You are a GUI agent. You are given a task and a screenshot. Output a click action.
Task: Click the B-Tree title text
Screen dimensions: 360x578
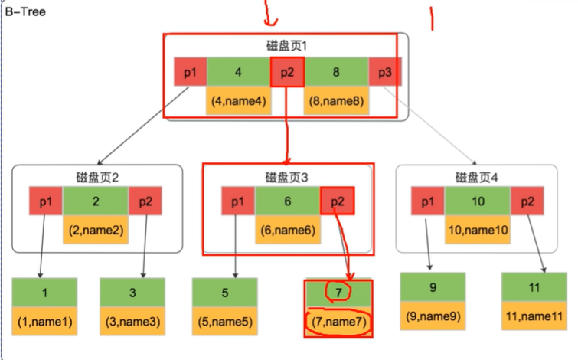[x=25, y=12]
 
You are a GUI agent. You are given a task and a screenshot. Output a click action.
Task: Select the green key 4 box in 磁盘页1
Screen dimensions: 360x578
[x=238, y=73]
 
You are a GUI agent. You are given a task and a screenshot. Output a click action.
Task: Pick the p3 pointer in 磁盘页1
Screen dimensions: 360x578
[x=385, y=73]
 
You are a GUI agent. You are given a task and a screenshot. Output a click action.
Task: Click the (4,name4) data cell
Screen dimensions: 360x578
[x=238, y=100]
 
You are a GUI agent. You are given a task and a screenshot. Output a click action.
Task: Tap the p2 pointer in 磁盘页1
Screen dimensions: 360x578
[x=287, y=73]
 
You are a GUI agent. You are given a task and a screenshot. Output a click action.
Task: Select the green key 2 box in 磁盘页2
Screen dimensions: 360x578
[x=95, y=201]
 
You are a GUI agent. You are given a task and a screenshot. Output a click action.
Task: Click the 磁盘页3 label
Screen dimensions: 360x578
[x=286, y=177]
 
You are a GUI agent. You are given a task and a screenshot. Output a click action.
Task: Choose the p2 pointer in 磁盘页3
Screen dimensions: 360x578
[x=338, y=201]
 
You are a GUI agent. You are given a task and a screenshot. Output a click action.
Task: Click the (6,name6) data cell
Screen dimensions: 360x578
[x=288, y=229]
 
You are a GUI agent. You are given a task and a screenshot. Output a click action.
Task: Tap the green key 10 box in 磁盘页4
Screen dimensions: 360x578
[x=477, y=201]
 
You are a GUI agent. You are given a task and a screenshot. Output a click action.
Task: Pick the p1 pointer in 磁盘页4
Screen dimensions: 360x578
[x=428, y=201]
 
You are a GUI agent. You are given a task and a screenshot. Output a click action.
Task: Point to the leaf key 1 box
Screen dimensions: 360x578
[x=45, y=292]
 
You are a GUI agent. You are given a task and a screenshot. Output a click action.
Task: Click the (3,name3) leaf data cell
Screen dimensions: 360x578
[x=133, y=322]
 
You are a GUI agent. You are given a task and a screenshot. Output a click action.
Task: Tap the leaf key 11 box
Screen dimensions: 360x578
[x=534, y=288]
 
